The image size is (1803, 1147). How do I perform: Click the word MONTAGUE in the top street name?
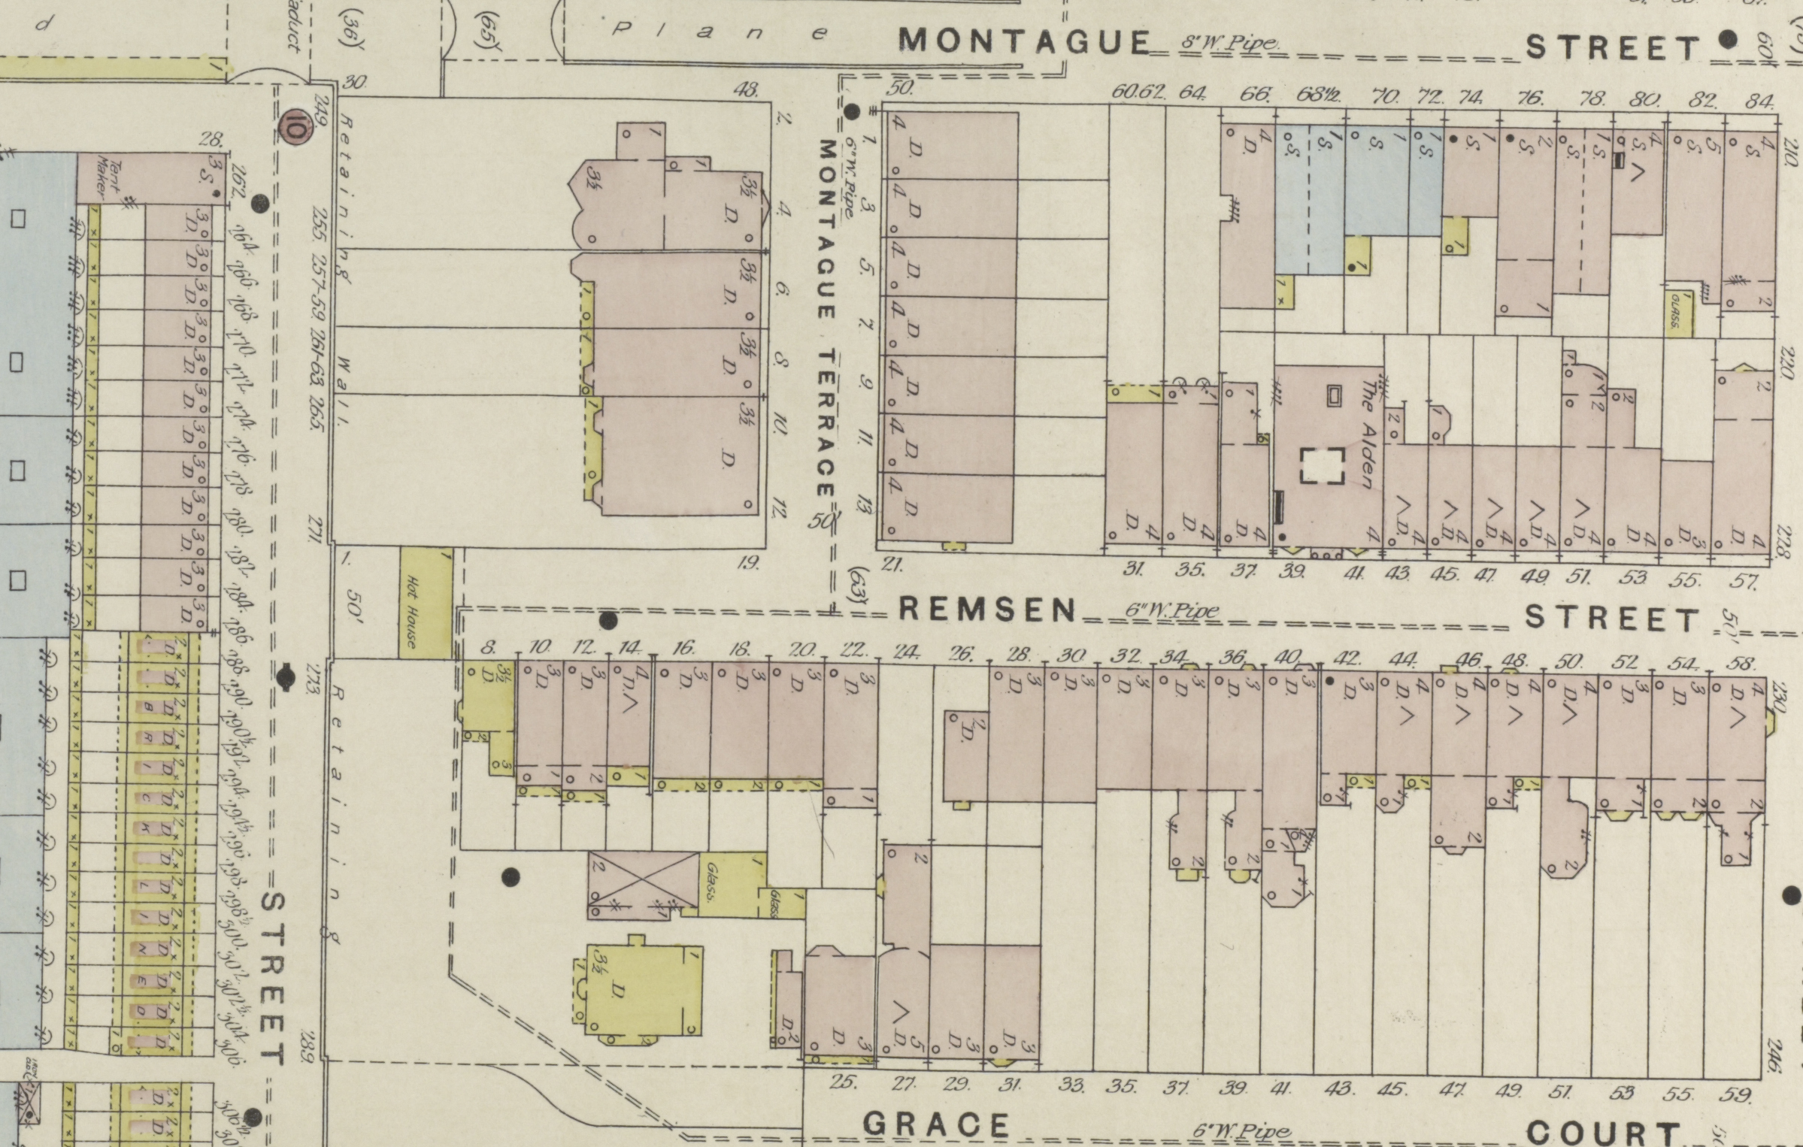[x=1024, y=41]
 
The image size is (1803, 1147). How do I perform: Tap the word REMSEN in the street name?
[x=988, y=610]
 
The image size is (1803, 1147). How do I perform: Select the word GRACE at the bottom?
[x=936, y=1124]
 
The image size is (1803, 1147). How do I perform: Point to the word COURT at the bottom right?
[x=1603, y=1132]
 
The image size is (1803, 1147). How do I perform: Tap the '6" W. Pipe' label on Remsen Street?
[x=1171, y=611]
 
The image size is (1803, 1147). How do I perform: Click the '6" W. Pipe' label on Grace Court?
[x=1241, y=1130]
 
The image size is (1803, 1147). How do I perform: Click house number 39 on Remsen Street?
[x=1292, y=572]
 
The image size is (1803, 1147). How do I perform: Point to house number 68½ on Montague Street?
[x=1320, y=96]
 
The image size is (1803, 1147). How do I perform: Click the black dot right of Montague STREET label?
[x=1728, y=39]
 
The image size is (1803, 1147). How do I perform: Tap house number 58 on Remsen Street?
[x=1741, y=664]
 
